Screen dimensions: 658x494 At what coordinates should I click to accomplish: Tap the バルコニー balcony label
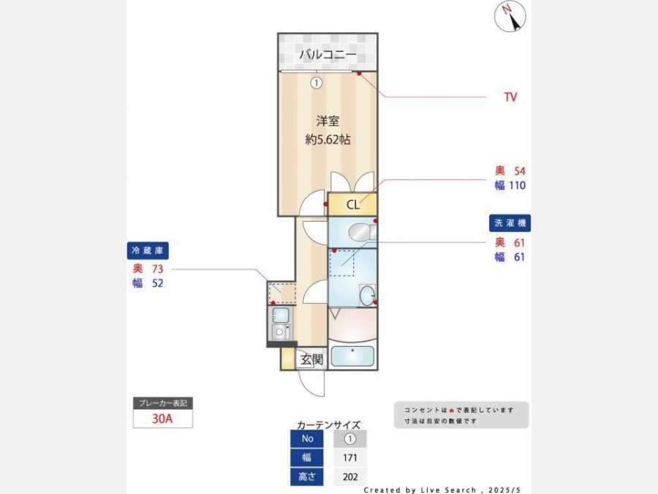click(x=328, y=54)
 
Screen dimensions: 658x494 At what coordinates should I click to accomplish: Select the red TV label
click(x=511, y=97)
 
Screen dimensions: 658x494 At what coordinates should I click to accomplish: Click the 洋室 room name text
click(x=328, y=121)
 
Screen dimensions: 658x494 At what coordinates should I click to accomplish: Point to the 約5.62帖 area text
click(x=328, y=140)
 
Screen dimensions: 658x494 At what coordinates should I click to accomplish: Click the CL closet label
click(x=353, y=205)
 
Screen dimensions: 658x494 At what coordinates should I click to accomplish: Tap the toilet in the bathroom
click(x=362, y=232)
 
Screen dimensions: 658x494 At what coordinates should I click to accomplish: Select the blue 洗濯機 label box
click(x=510, y=223)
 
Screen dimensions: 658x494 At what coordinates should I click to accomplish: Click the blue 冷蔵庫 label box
click(x=148, y=251)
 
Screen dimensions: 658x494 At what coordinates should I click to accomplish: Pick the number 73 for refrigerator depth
click(x=157, y=269)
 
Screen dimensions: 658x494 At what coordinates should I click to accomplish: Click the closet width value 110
click(x=517, y=185)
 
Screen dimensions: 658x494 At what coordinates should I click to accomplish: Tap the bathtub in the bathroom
click(x=352, y=356)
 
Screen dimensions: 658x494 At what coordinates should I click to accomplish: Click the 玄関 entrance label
click(x=311, y=359)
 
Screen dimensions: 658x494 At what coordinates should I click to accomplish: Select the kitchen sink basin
click(x=280, y=315)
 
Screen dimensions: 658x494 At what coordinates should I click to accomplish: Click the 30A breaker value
click(x=162, y=419)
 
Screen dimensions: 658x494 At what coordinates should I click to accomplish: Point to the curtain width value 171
click(x=350, y=458)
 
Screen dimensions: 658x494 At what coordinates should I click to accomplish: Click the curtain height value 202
click(x=350, y=476)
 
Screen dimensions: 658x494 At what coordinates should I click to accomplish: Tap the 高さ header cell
click(x=307, y=476)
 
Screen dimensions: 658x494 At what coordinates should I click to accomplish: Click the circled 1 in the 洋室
click(x=317, y=83)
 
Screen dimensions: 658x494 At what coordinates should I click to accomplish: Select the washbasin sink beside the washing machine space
click(x=367, y=296)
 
